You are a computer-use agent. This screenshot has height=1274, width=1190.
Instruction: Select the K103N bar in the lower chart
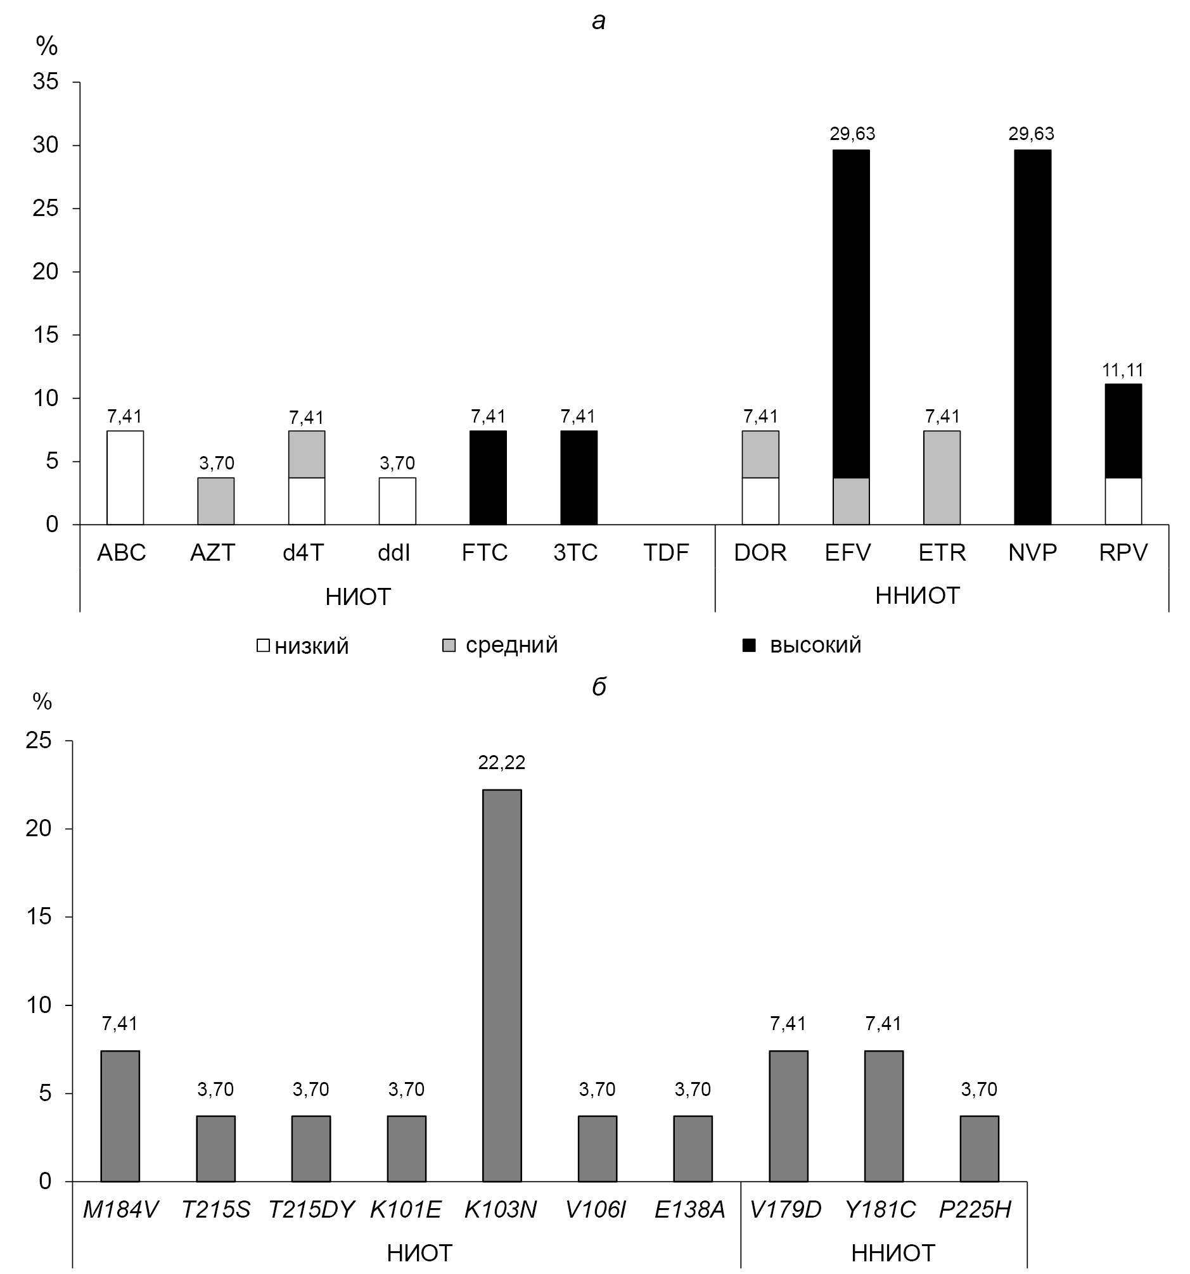point(502,985)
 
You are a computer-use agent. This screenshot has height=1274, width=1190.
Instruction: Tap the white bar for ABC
point(125,478)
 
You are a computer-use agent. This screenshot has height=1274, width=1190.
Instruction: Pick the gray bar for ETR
point(942,478)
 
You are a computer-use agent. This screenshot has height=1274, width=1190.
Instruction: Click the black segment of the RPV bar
point(1123,431)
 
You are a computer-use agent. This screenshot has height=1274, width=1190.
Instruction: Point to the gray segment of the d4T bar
point(306,454)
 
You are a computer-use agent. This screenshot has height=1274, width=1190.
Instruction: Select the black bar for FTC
point(489,478)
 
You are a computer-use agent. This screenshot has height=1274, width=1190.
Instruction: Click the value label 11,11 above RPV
point(1123,370)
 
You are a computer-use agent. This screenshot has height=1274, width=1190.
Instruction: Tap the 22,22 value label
point(502,762)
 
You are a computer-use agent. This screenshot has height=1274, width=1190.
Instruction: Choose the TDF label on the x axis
point(667,552)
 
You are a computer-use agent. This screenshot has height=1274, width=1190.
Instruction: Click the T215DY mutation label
point(310,1210)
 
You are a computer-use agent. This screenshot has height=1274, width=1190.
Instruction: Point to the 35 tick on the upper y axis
point(46,82)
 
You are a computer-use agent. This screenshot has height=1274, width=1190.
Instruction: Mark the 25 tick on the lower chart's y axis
point(39,741)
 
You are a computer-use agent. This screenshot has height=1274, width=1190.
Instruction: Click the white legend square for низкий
point(263,646)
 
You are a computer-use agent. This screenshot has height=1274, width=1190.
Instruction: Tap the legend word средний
point(511,645)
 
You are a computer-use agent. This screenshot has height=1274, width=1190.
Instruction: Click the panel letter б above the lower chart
point(599,686)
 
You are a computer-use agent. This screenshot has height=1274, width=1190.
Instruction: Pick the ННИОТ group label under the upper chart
point(918,596)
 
